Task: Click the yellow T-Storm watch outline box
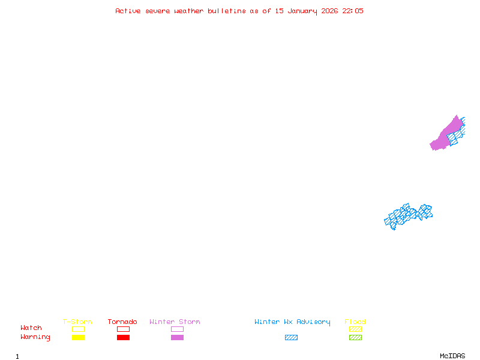pyautogui.click(x=78, y=329)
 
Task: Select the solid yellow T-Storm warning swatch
pyautogui.click(x=78, y=337)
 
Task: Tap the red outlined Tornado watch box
pyautogui.click(x=123, y=329)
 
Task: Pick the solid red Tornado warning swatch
pyautogui.click(x=123, y=337)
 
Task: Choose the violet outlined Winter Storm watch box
pyautogui.click(x=177, y=329)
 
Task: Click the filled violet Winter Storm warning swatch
pyautogui.click(x=177, y=337)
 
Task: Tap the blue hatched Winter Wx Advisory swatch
pyautogui.click(x=291, y=337)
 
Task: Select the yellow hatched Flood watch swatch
pyautogui.click(x=355, y=329)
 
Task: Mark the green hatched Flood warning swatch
pyautogui.click(x=355, y=337)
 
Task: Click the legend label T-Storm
pyautogui.click(x=77, y=322)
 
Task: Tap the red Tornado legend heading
pyautogui.click(x=122, y=322)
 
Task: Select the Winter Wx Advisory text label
pyautogui.click(x=292, y=322)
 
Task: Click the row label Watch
pyautogui.click(x=31, y=328)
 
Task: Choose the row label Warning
pyautogui.click(x=35, y=337)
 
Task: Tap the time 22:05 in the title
pyautogui.click(x=352, y=11)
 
